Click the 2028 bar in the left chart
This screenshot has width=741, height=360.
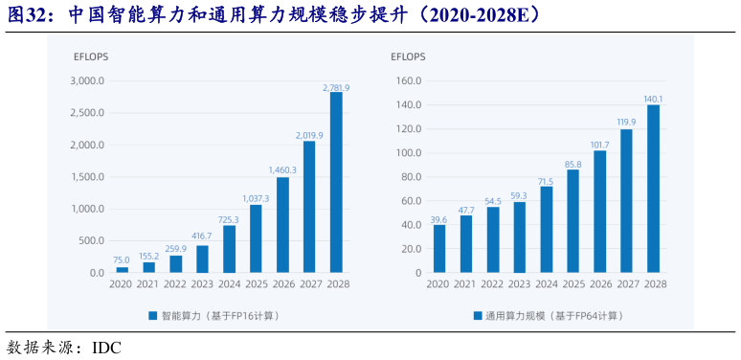point(336,183)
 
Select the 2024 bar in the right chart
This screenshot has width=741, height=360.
point(547,230)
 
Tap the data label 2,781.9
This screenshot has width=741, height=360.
point(336,87)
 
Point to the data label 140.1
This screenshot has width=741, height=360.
point(654,99)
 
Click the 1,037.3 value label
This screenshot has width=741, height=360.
point(256,198)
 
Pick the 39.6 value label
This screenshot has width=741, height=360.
point(439,219)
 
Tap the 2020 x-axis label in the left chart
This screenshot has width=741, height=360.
point(122,284)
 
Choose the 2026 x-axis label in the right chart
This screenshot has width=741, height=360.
point(600,284)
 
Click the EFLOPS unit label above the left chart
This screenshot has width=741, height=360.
point(91,56)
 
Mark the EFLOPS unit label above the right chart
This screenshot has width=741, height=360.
point(408,56)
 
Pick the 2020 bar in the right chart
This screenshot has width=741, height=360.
point(439,249)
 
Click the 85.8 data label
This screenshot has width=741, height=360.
point(573,165)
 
